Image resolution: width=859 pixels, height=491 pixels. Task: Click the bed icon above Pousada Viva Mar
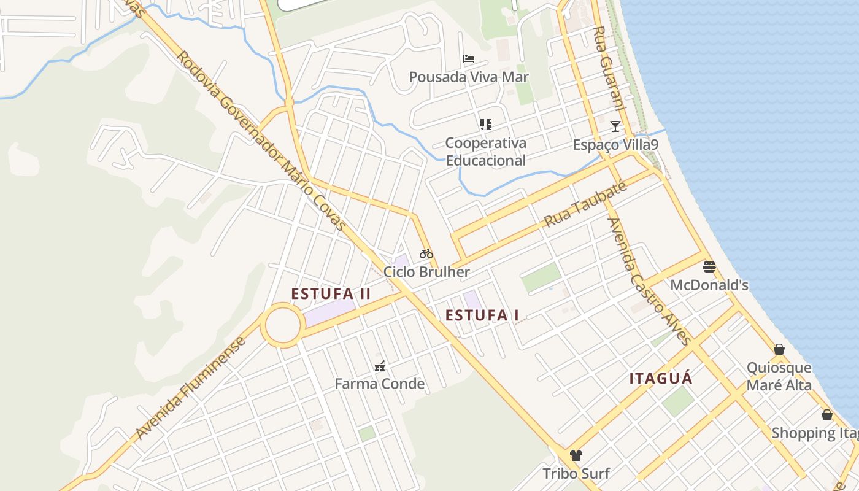469,59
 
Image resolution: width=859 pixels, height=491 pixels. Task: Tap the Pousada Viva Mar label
469,77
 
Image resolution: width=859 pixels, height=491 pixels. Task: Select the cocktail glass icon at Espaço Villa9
615,126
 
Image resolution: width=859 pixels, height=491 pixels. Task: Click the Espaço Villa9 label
615,145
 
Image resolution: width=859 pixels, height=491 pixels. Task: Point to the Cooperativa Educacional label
485,152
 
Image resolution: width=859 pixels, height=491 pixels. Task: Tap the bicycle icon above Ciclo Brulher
426,253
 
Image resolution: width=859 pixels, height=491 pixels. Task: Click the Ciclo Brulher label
426,272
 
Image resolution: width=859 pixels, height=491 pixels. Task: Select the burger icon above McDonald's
709,267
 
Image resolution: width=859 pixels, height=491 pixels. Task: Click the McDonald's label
709,285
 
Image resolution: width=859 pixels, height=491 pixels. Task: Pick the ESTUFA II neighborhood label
331,294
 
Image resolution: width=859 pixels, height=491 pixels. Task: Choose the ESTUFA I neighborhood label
482,315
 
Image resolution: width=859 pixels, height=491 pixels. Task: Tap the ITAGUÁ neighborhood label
661,379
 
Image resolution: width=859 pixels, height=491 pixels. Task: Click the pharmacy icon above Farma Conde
380,366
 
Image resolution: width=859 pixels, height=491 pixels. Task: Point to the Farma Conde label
380,384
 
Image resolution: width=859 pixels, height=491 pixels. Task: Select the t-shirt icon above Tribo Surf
576,455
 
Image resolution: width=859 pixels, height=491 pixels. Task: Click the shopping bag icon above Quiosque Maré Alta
779,350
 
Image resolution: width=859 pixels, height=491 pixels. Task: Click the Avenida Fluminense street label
190,388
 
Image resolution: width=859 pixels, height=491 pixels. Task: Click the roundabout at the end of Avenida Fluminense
283,325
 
